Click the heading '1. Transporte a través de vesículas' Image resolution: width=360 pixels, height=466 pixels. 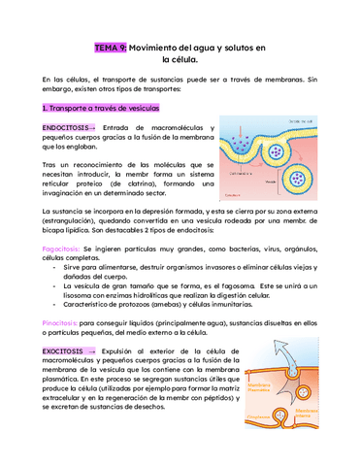102,108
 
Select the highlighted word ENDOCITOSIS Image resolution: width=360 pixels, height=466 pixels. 66,128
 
